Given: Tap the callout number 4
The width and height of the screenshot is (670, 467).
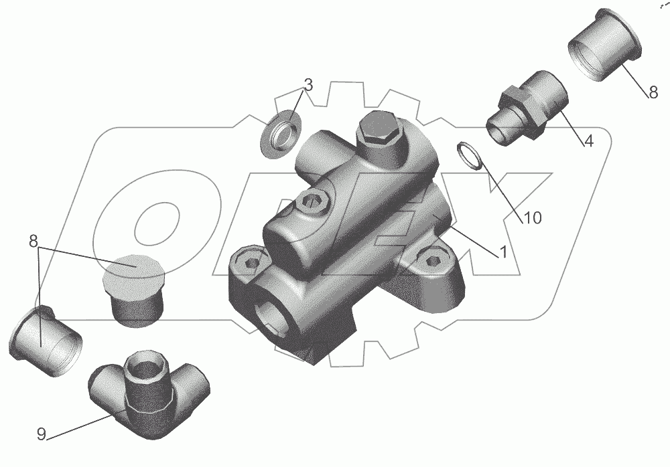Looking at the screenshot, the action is point(589,141).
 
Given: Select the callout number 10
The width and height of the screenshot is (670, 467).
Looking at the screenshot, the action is point(533,217).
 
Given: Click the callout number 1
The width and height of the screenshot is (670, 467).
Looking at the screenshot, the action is point(503,252).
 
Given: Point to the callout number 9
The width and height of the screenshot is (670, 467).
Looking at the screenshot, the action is point(41,434).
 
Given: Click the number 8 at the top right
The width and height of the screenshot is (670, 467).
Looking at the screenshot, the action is point(653,92).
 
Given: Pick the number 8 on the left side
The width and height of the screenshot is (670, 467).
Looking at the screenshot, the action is point(33,241).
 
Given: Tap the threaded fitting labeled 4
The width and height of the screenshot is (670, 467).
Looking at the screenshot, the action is point(527,108).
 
